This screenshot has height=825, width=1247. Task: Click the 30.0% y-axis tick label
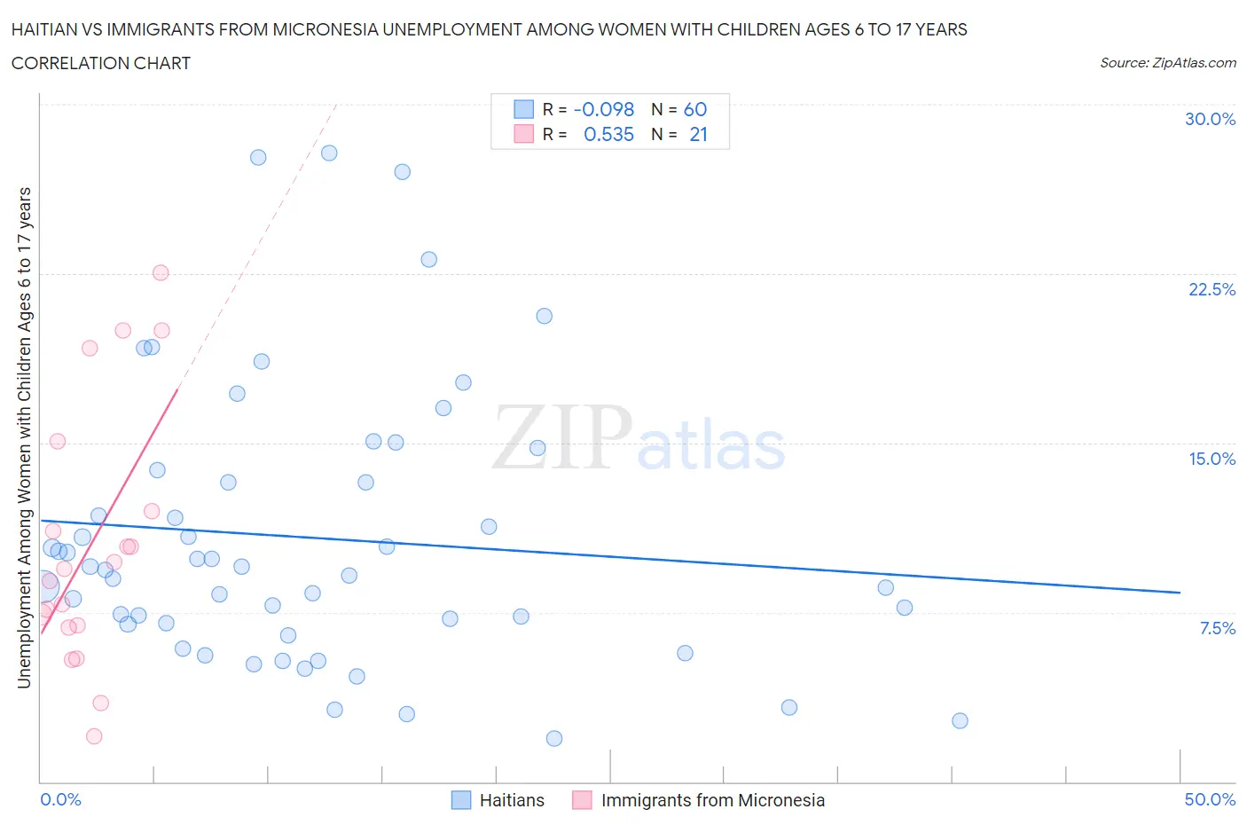point(1210,119)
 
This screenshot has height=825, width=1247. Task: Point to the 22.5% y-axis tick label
point(1212,289)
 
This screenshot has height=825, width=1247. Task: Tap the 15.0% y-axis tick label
point(1212,459)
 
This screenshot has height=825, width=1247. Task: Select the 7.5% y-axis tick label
point(1217,628)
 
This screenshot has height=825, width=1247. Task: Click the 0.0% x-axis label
point(60,799)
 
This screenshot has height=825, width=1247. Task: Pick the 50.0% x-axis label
point(1210,799)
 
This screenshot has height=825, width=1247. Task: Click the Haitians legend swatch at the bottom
point(461,800)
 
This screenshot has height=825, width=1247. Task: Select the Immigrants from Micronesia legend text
point(712,800)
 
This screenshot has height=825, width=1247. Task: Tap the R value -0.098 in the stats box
point(604,109)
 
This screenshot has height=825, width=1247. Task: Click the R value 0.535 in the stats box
point(608,134)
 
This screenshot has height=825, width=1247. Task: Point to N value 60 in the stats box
point(695,109)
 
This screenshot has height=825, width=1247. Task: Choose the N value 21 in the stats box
point(698,134)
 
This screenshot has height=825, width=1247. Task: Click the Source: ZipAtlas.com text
point(1167,63)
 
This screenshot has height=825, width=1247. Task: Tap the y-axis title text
point(24,437)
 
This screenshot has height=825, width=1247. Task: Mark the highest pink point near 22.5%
point(161,272)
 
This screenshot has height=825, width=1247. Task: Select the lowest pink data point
point(94,736)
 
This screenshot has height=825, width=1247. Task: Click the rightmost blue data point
point(960,720)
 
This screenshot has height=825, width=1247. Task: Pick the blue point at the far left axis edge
point(43,585)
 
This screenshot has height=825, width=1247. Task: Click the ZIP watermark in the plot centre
point(561,436)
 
